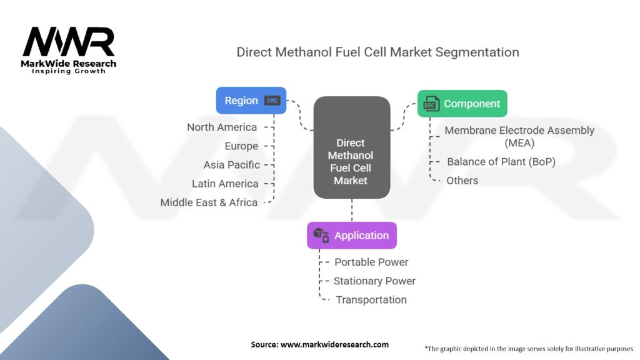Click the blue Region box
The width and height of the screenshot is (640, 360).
251,101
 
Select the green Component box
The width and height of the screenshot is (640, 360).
462,104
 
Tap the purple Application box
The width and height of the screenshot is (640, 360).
351,236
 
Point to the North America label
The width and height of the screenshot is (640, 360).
222,127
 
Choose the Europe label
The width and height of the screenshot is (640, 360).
241,146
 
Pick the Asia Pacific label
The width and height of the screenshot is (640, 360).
231,165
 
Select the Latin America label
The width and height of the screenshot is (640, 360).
225,184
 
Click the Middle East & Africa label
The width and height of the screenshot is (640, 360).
209,202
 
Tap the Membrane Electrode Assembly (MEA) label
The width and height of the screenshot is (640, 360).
519,137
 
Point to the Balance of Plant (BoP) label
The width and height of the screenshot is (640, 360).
501,162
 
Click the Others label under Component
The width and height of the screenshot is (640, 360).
462,181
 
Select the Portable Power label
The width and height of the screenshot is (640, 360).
371,262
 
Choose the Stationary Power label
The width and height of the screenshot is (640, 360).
374,281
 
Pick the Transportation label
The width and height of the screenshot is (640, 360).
371,300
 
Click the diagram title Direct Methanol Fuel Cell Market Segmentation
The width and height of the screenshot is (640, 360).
377,52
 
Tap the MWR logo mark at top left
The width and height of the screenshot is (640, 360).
69,42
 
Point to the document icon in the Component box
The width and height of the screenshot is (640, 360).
431,104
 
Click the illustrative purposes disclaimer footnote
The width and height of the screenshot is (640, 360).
529,349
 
